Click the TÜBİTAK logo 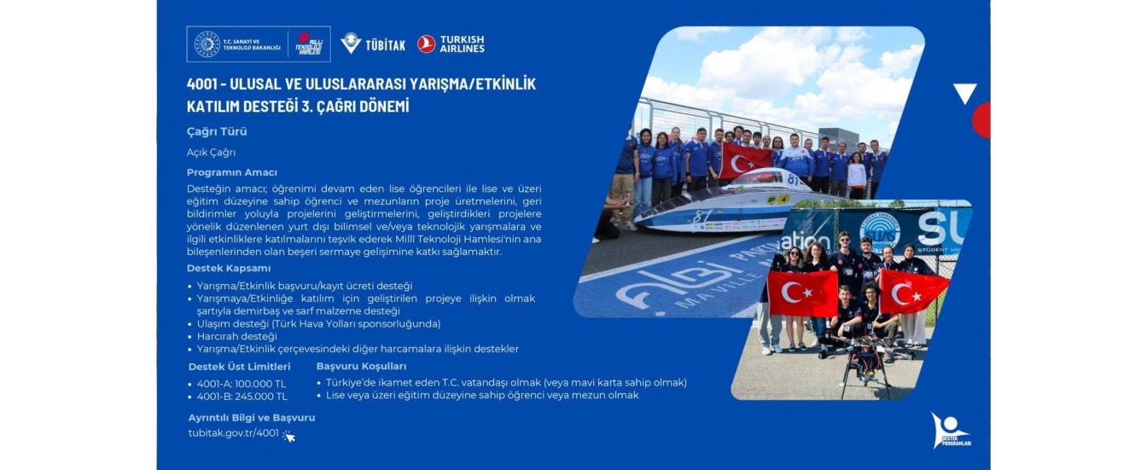[373, 44]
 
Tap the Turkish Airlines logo [451, 44]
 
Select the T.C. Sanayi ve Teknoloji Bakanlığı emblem [207, 44]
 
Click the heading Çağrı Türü [217, 131]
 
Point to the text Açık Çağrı [211, 153]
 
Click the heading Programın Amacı [231, 172]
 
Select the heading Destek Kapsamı [229, 268]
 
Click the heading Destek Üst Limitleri [239, 367]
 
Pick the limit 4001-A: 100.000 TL [242, 384]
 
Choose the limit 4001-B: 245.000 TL [242, 397]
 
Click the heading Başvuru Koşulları [361, 367]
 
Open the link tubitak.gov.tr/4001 [234, 432]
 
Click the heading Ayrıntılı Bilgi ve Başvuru [252, 418]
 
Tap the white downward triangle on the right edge [964, 92]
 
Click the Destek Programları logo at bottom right [950, 431]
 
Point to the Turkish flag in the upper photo [745, 160]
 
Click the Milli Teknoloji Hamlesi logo [309, 44]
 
